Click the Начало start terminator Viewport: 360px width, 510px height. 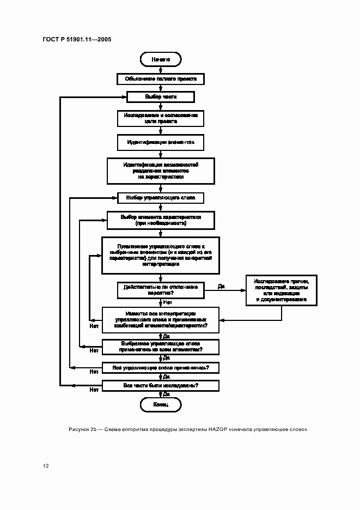coord(161,58)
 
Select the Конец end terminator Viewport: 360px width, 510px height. coord(161,405)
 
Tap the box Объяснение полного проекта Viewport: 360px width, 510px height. coord(161,79)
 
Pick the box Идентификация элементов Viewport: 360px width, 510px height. coord(161,142)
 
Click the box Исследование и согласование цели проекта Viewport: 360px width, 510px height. coord(161,119)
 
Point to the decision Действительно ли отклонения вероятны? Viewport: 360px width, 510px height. coord(161,289)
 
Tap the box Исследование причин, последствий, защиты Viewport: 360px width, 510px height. coord(281,290)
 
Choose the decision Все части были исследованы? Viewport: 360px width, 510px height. coord(161,386)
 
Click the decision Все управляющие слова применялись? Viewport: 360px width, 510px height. coord(161,368)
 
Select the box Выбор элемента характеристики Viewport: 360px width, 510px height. coord(161,220)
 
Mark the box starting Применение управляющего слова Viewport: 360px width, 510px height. coord(161,254)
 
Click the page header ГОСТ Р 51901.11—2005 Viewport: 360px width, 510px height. coord(77,40)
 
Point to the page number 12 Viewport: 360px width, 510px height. coord(46,466)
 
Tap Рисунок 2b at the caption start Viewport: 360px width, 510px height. coord(82,429)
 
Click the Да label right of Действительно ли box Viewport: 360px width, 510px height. coord(222,286)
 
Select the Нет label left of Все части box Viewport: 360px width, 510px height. coord(94,390)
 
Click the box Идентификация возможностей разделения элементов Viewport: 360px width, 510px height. coord(161,171)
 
